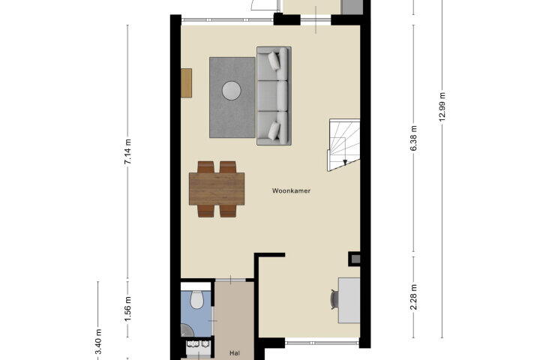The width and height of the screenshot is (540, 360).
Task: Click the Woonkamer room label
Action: [x=291, y=190]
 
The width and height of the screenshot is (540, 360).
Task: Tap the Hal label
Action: [x=235, y=353]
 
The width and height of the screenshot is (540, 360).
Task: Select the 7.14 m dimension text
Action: [x=127, y=151]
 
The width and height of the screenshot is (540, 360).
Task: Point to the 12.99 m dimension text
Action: [x=442, y=106]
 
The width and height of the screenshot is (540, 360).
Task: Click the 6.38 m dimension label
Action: [x=414, y=138]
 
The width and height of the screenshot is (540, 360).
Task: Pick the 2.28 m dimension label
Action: [x=414, y=297]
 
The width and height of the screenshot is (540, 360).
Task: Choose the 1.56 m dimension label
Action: [x=127, y=309]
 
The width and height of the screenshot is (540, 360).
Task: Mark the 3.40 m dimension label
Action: [x=98, y=342]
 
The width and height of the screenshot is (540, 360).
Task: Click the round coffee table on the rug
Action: [x=232, y=91]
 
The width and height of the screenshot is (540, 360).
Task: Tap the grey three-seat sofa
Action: [x=274, y=96]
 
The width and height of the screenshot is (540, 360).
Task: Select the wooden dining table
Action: [x=217, y=189]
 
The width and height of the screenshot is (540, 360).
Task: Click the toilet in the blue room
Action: [x=197, y=300]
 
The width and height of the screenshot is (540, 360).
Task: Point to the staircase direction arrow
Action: [x=345, y=163]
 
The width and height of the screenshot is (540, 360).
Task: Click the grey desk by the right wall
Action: [x=349, y=301]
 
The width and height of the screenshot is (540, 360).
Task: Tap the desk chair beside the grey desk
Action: [x=334, y=299]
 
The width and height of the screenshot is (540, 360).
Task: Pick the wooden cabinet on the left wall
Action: [x=186, y=83]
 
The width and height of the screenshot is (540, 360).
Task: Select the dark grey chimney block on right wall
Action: [x=355, y=259]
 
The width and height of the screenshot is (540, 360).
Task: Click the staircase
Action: [x=343, y=145]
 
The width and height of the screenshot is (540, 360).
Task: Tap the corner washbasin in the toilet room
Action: [x=187, y=330]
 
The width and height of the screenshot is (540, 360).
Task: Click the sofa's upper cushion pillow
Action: [x=274, y=61]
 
